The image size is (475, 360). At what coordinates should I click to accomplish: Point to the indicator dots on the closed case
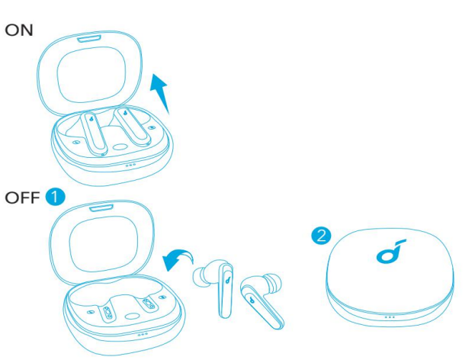(390, 317)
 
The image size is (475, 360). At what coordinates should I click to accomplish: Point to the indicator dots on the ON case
(130, 163)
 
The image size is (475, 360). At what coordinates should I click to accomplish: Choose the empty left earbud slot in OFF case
(108, 313)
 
